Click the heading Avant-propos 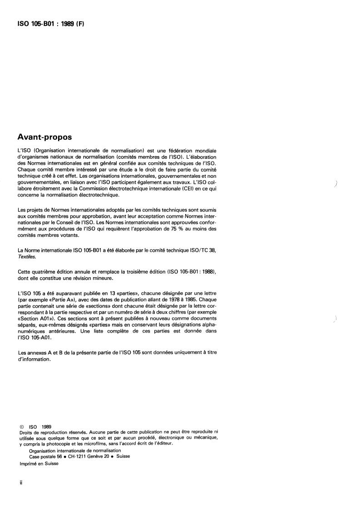[x=44, y=136]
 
